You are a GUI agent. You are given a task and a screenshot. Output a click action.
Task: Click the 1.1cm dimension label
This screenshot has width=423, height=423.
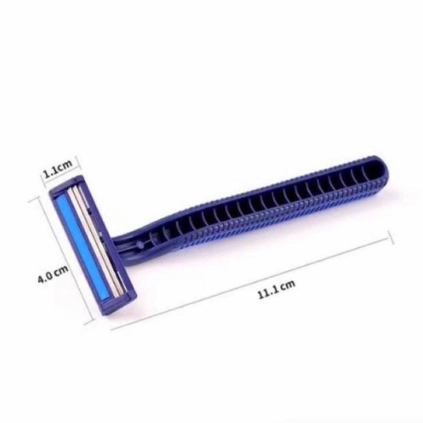(x=58, y=169)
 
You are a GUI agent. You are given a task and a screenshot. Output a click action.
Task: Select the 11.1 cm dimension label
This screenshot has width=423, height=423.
(x=277, y=289)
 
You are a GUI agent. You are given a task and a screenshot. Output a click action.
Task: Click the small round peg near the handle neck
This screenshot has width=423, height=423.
(x=140, y=245)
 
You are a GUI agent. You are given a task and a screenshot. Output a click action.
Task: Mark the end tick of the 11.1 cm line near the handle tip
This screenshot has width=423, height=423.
(x=391, y=237)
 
